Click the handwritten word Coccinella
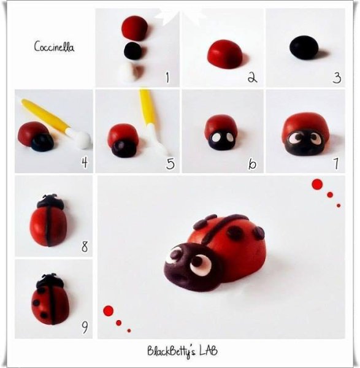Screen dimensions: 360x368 tap(54, 47)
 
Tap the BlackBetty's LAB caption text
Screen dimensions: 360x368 tap(182, 351)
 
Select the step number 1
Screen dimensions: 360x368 tap(167, 77)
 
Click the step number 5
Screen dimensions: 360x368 tap(170, 163)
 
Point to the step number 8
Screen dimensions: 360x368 tap(85, 247)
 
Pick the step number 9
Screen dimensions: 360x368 tap(85, 327)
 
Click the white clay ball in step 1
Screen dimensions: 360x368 tap(131, 72)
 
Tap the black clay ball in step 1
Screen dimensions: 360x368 tap(133, 50)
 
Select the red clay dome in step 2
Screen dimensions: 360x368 tap(225, 55)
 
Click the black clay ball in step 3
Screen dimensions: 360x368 tap(304, 47)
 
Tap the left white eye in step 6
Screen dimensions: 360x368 tap(215, 138)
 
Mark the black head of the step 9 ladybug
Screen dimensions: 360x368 tap(50, 280)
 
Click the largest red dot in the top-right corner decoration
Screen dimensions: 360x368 tap(317, 185)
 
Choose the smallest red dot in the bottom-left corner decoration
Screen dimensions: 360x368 tap(129, 331)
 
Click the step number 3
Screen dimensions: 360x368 tap(337, 78)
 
